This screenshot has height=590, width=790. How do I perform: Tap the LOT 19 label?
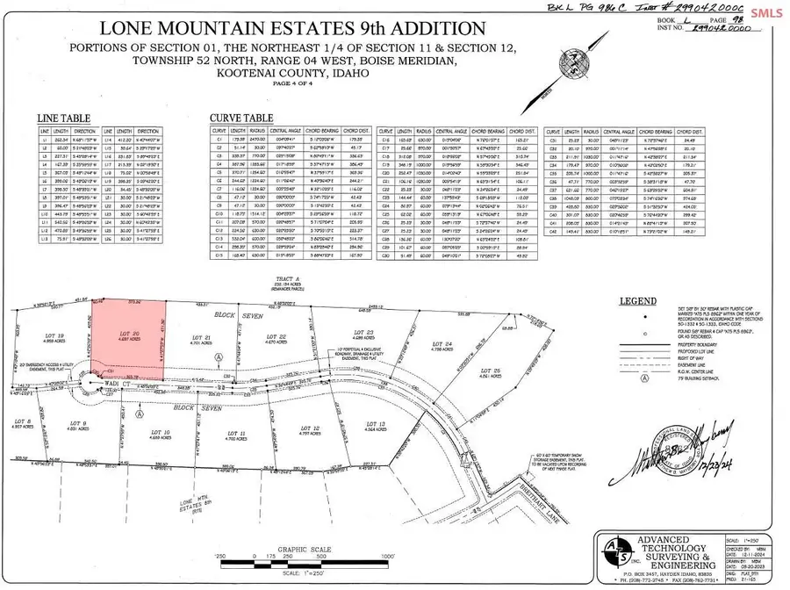tap(55, 335)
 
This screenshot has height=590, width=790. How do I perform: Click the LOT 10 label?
tap(160, 434)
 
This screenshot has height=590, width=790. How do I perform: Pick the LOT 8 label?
tap(24, 423)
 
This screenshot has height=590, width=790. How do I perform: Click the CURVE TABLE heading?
tap(240, 117)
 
